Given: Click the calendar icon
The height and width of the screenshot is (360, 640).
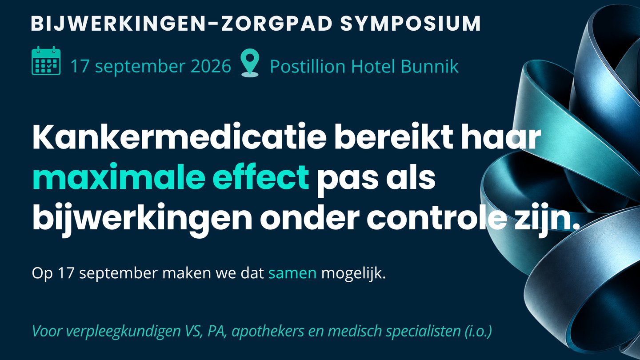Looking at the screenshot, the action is click(46, 60).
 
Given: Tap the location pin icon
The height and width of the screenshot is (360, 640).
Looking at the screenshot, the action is click(250, 63).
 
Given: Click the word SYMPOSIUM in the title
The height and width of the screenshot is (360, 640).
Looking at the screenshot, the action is click(411, 23).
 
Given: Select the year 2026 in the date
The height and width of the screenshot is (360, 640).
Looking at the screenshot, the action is click(211, 66).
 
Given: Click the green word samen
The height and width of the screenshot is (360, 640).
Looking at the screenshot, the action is click(292, 273).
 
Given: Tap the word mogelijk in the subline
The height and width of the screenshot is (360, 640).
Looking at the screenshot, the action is click(353, 274).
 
